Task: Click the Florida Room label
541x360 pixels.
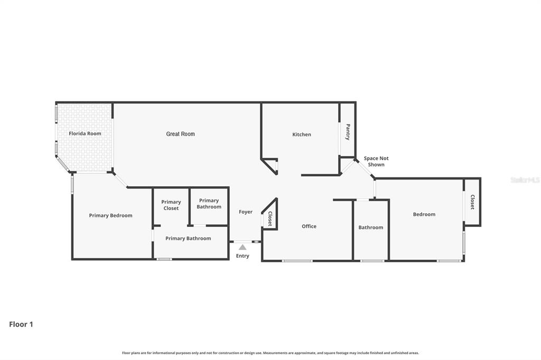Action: [x=85, y=134]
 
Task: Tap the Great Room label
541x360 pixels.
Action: [x=181, y=134]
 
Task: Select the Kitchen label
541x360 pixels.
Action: [x=302, y=135]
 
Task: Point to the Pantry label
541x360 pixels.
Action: [x=348, y=131]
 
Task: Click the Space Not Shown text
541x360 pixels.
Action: [x=376, y=162]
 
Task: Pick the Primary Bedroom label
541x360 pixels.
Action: [x=110, y=215]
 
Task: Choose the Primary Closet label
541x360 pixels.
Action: [x=171, y=205]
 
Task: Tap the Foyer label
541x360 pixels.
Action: [x=246, y=212]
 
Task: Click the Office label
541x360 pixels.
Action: [x=309, y=226]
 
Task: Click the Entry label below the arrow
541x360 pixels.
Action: [x=242, y=256]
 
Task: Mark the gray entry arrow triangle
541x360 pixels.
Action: [x=242, y=247]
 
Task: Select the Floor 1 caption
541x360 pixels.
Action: [x=21, y=324]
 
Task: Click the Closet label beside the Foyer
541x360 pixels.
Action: [x=269, y=219]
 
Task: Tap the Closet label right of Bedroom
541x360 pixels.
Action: [x=472, y=202]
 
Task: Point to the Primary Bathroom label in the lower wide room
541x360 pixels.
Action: [x=188, y=239]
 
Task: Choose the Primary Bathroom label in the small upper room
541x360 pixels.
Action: [x=209, y=204]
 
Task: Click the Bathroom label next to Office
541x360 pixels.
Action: [x=371, y=228]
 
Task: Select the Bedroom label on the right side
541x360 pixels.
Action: [x=424, y=214]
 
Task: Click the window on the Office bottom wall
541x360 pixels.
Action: [x=297, y=260]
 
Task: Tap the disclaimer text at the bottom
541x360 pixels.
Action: [x=270, y=353]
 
